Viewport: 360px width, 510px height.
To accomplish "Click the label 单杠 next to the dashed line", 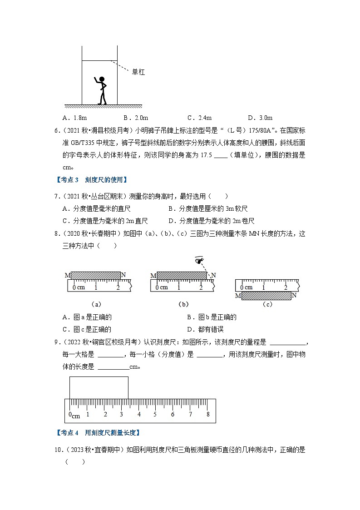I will pos(138,72).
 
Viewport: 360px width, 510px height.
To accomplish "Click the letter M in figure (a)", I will pos(67,275).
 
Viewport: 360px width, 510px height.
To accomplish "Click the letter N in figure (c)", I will pos(294,295).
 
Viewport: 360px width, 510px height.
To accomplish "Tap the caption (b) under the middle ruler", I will pos(183,304).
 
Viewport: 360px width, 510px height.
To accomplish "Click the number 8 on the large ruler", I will pos(208,414).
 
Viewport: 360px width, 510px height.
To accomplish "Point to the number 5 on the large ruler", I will pos(155,414).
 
